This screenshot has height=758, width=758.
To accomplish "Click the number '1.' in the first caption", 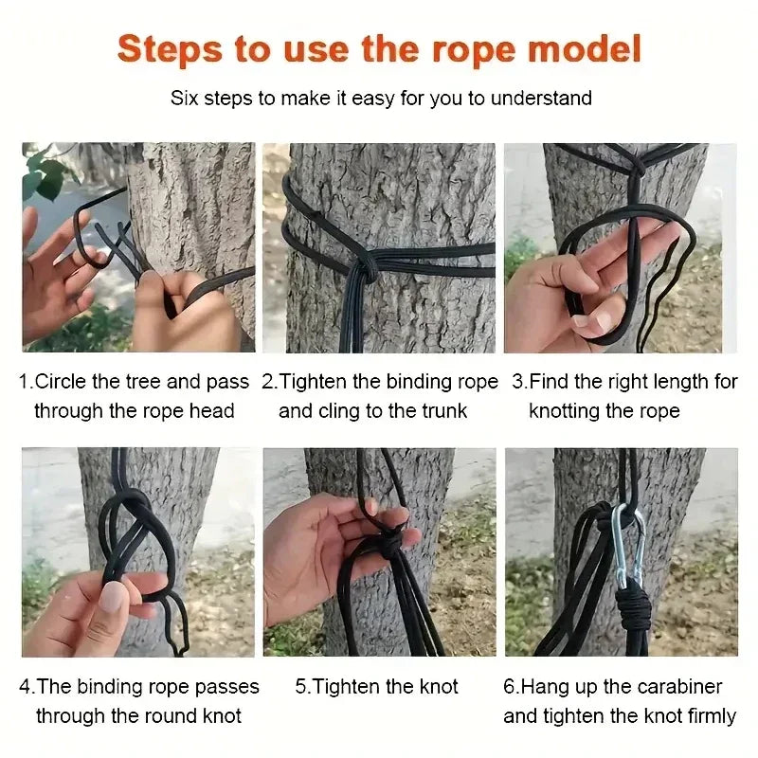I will tap(27, 382).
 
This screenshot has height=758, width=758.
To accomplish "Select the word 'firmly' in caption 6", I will tap(705, 715).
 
